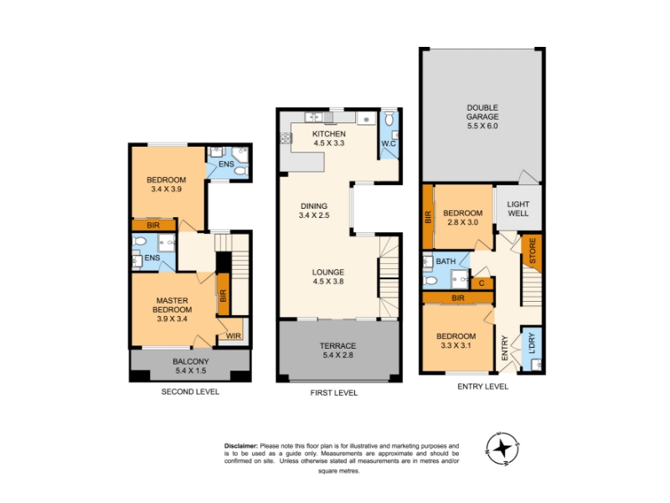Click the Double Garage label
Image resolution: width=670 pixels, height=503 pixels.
pos(482,117)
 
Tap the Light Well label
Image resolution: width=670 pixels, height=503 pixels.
pos(518,209)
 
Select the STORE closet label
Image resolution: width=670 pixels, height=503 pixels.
pos(533,251)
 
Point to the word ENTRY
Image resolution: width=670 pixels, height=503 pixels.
pos(505,348)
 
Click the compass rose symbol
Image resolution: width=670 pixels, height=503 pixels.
pos(503,449)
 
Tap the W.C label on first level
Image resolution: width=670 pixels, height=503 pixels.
pos(389,143)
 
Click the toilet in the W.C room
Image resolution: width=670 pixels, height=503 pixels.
pos(389,119)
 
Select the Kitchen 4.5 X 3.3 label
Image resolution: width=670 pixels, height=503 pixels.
pos(328,138)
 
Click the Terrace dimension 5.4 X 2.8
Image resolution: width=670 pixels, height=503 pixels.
pos(338,355)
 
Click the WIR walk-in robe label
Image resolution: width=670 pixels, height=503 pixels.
pos(234,336)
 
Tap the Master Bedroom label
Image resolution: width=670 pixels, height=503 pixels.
pos(173,305)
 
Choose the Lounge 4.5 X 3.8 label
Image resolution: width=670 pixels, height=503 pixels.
pos(327,277)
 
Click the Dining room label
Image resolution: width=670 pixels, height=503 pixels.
pos(314,205)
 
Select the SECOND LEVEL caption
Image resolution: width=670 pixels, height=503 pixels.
pos(190,392)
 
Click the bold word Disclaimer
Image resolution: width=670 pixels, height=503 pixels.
pos(241,446)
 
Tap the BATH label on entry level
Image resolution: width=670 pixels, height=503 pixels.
pos(446,262)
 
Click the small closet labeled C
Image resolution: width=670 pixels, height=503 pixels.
pos(482,283)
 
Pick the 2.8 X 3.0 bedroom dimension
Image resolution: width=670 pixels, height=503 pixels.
pos(463,222)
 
